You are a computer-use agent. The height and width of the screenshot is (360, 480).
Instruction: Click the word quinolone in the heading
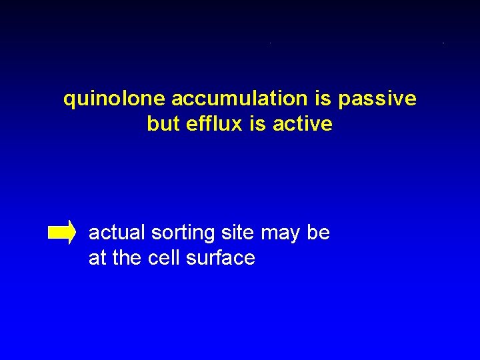pyautogui.click(x=114, y=99)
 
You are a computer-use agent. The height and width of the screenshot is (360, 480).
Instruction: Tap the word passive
pyautogui.click(x=377, y=99)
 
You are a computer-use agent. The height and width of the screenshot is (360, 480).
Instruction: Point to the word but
pyautogui.click(x=163, y=124)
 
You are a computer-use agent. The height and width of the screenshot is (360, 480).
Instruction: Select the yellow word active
pyautogui.click(x=301, y=124)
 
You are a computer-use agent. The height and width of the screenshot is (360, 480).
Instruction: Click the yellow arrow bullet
pyautogui.click(x=62, y=232)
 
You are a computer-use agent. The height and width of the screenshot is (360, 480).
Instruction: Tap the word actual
pyautogui.click(x=117, y=233)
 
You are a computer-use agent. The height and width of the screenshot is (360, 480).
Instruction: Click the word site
pyautogui.click(x=238, y=233)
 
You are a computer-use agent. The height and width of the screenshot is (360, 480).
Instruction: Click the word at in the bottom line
pyautogui.click(x=97, y=258)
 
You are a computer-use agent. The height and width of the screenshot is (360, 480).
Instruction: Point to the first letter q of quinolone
pyautogui.click(x=69, y=101)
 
